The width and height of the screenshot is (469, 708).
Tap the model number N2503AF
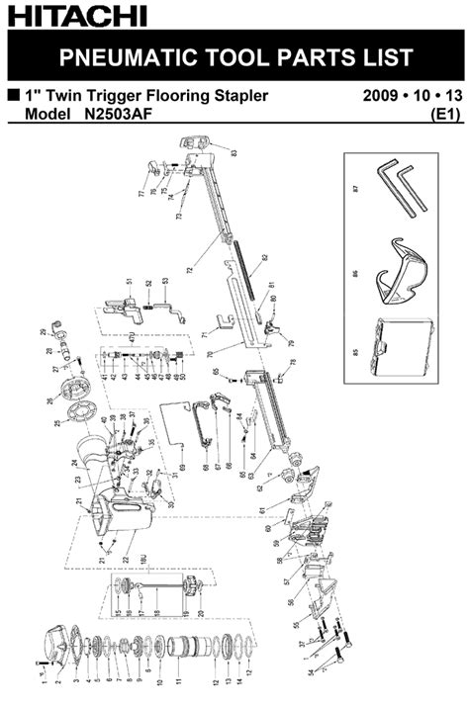coord(117,115)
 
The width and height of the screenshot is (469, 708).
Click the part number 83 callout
coord(234,153)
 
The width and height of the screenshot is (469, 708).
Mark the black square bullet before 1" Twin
coord(13,97)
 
